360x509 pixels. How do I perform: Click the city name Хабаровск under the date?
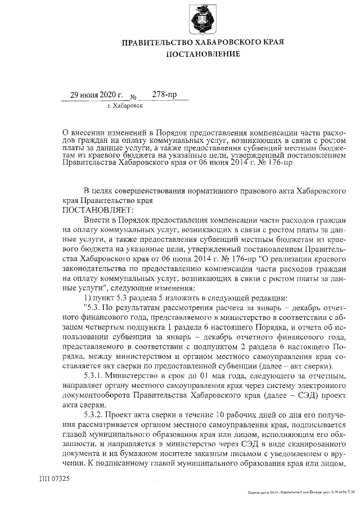click(x=128, y=105)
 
